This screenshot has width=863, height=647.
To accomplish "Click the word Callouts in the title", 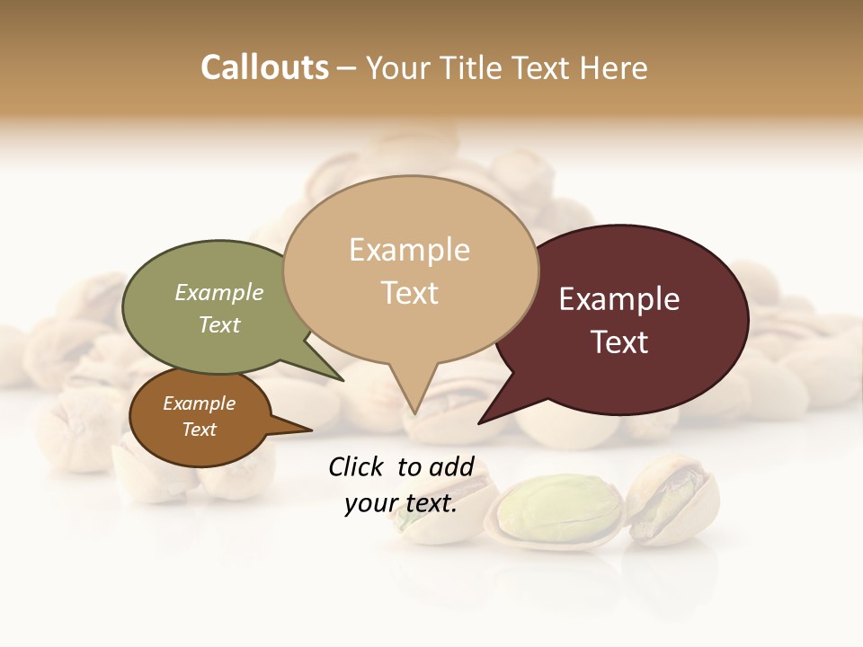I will [x=264, y=67].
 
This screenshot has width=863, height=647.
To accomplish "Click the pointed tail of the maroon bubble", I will [x=480, y=422].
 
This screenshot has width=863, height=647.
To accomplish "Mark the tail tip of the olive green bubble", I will [x=343, y=380].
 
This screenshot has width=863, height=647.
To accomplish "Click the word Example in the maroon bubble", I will [x=619, y=299].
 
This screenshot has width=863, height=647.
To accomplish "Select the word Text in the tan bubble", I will [x=410, y=293].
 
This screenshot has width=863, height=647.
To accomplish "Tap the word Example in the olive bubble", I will [x=218, y=292].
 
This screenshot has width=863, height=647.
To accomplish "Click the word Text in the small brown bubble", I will [x=200, y=430].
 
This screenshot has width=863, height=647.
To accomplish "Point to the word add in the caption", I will [x=451, y=466].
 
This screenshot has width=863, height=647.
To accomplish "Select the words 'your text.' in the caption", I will [x=401, y=503].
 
